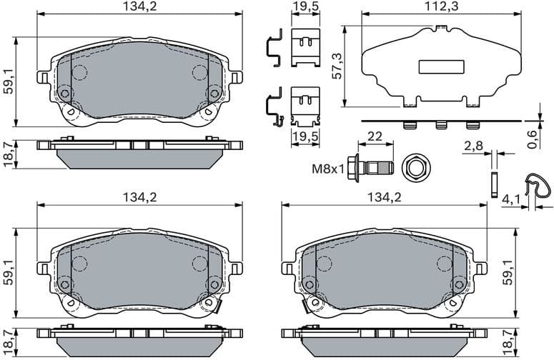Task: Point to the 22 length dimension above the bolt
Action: (x=375, y=136)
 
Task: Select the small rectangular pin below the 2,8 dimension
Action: (x=493, y=184)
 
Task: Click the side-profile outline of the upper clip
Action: (x=272, y=50)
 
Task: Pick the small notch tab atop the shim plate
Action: (x=435, y=27)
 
